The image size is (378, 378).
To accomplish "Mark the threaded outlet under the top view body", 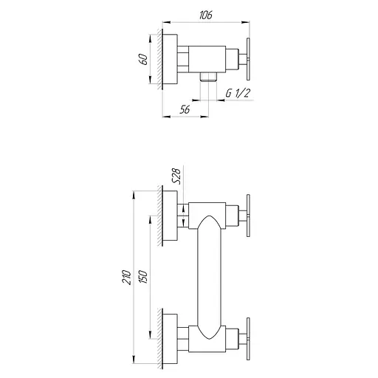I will tap(208, 76).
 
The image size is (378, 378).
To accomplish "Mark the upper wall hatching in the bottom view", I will tap(159, 214).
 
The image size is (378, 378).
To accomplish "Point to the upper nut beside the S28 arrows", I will tap(184, 214).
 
